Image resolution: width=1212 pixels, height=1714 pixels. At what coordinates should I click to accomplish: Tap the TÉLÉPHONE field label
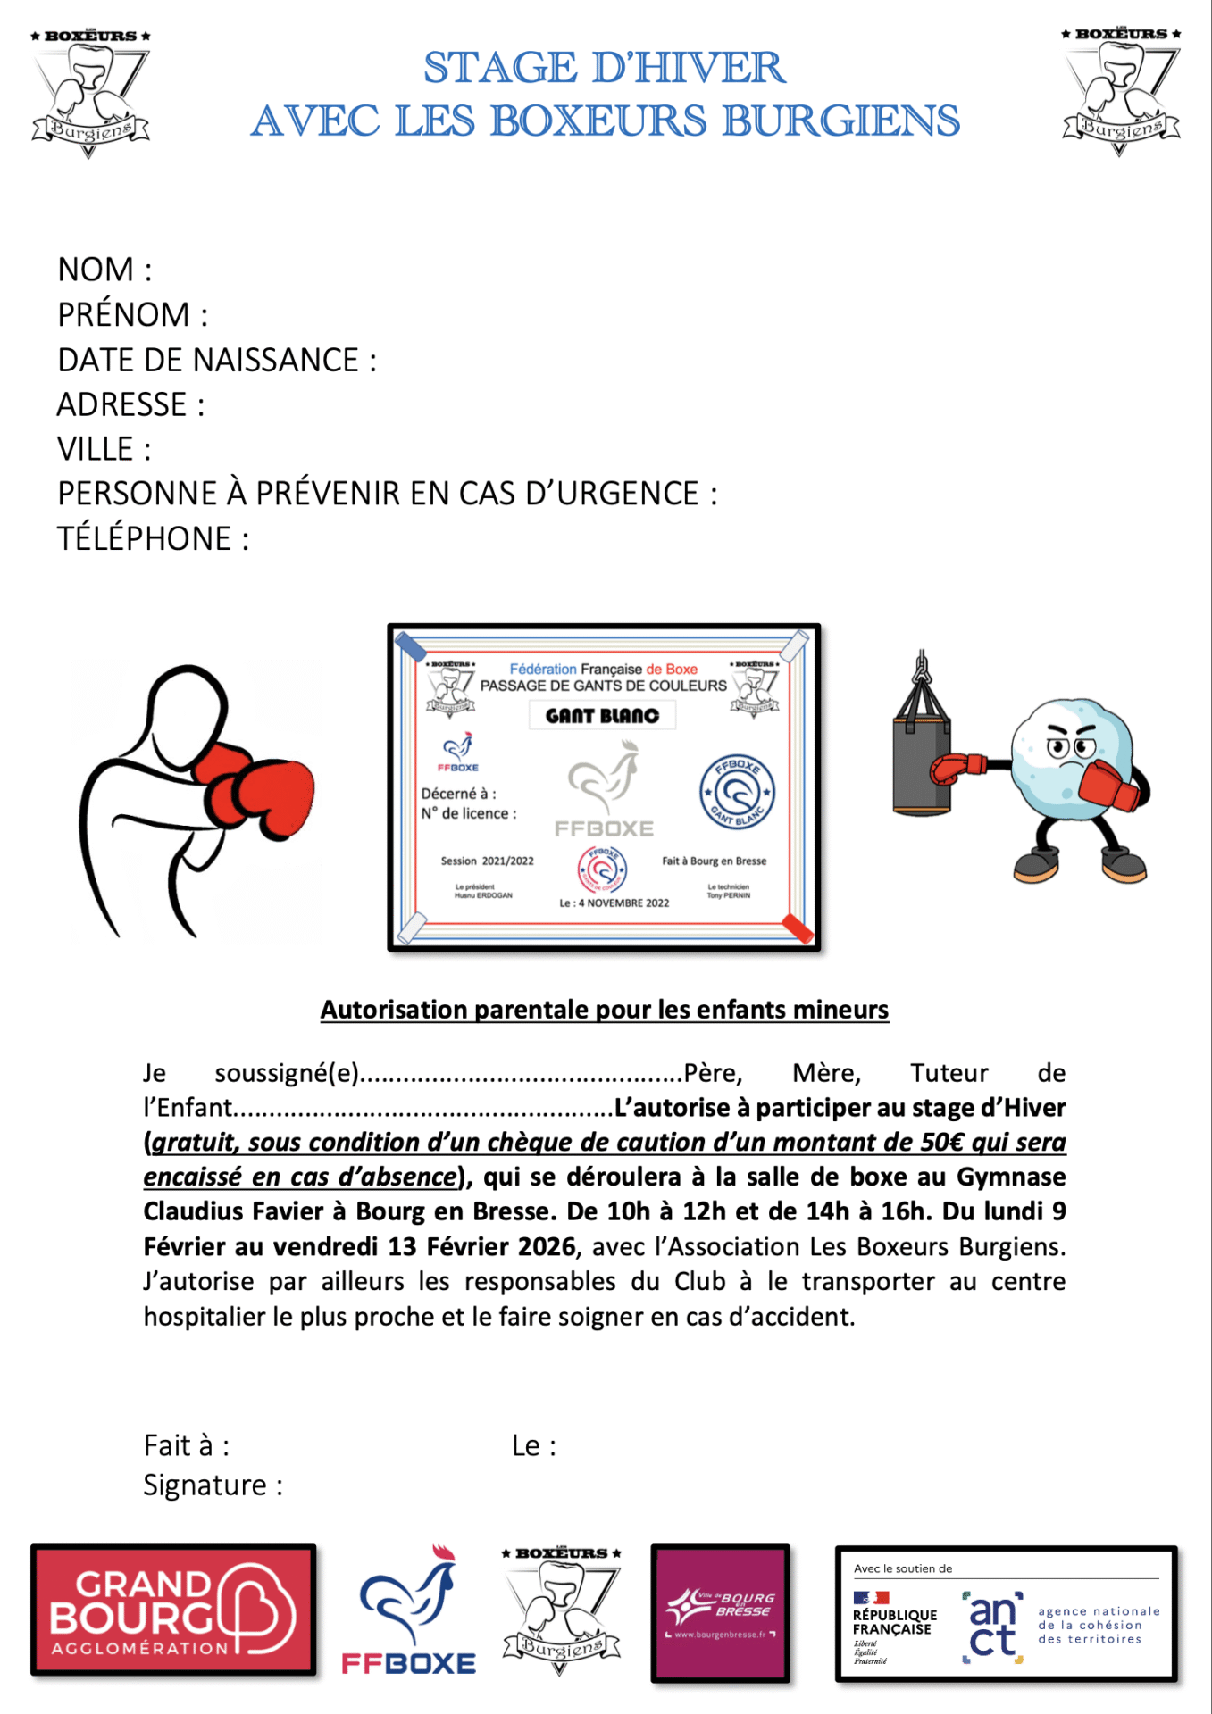(x=153, y=539)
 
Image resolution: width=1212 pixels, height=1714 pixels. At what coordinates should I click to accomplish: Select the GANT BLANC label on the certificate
(x=602, y=716)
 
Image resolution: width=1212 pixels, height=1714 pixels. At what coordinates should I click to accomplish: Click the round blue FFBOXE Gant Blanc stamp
(x=737, y=792)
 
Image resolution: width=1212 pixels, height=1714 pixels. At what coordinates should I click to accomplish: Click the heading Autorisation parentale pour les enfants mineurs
(x=605, y=1010)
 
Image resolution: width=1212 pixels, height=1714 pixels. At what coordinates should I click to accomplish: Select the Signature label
(x=213, y=1485)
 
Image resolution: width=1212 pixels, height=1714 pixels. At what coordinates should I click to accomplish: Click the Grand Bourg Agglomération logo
(x=173, y=1610)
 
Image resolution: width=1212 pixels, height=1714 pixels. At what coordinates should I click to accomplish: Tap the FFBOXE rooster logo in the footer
(x=409, y=1612)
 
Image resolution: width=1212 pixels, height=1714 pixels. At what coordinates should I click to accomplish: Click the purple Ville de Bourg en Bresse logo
(x=721, y=1612)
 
